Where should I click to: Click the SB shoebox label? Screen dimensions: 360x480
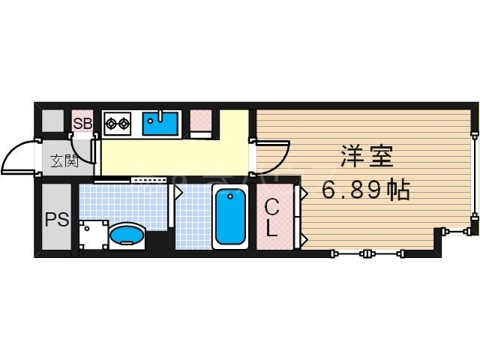(82, 123)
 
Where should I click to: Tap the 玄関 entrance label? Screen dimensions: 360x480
(64, 160)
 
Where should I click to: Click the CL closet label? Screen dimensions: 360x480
(273, 217)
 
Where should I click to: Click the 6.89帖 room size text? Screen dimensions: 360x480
(366, 190)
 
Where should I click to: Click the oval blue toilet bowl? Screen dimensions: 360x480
(127, 235)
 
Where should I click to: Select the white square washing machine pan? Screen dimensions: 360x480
(91, 232)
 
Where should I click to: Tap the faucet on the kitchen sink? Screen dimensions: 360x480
(160, 115)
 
